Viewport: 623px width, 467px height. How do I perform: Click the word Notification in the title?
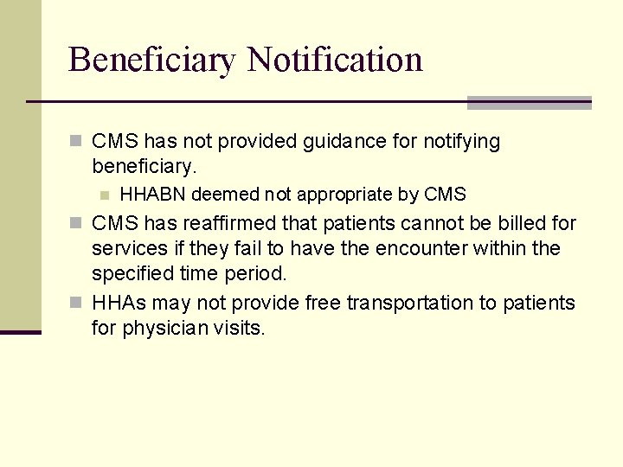[x=335, y=61]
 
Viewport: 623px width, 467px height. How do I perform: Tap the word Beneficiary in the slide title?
[x=152, y=61]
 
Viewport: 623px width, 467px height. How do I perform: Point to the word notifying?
[x=460, y=141]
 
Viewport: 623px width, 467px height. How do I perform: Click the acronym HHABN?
[x=155, y=195]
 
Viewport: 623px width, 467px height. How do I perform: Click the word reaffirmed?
[x=244, y=223]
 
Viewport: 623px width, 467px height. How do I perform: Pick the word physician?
[x=162, y=329]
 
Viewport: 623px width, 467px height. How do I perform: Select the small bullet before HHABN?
[x=104, y=195]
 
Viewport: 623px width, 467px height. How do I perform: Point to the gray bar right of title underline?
[x=529, y=103]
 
